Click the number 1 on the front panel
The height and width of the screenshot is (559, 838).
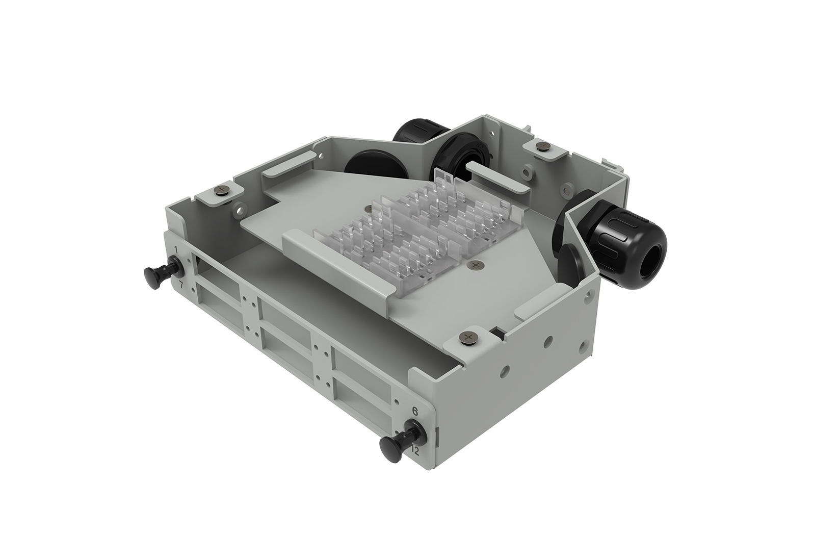coord(176,249)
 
